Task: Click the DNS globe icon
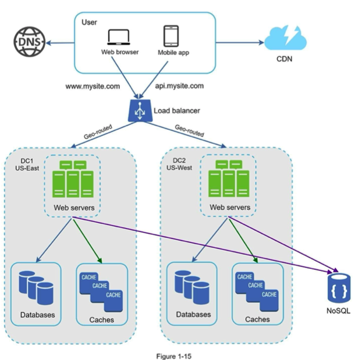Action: [x=29, y=42]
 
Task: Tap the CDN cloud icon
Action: [x=285, y=38]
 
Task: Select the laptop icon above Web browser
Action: [x=119, y=37]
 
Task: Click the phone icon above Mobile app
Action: [x=171, y=36]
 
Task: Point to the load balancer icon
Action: [x=140, y=111]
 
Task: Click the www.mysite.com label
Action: [x=93, y=87]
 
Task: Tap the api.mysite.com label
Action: [x=179, y=86]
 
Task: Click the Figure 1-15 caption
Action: [x=174, y=357]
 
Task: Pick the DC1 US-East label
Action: [x=27, y=165]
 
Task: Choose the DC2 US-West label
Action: [x=179, y=164]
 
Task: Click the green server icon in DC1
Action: [x=73, y=179]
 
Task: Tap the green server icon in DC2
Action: [x=229, y=179]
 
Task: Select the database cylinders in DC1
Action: [x=36, y=287]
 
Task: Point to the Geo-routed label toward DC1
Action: [x=98, y=132]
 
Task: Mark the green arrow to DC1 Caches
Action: [x=87, y=241]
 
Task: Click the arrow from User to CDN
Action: [x=240, y=42]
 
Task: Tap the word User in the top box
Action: [x=89, y=22]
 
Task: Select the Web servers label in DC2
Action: [x=230, y=207]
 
